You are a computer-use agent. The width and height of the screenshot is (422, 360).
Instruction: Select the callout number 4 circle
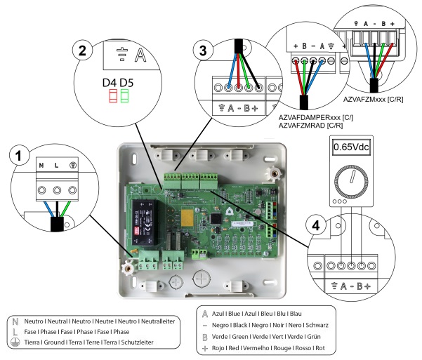coord(317,227)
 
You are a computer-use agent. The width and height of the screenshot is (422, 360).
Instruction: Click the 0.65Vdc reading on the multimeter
coord(351,149)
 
